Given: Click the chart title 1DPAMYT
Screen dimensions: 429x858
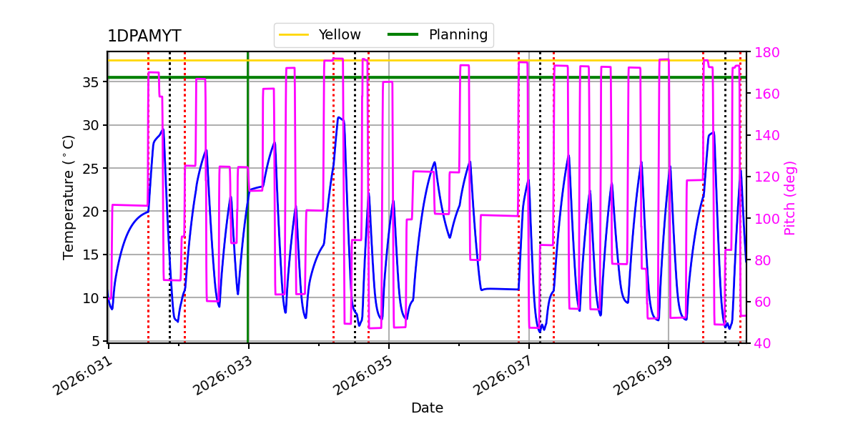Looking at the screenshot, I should (144, 36).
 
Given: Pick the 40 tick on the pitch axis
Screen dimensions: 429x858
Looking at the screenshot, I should (761, 343).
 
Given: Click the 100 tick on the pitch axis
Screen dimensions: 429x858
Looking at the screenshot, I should (764, 219).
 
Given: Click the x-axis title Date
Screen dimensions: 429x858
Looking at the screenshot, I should (427, 408).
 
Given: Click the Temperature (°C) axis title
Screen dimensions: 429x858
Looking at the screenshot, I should (69, 197).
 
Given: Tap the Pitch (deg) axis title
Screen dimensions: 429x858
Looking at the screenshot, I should (790, 197).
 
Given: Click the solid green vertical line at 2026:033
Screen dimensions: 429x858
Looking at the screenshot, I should (248, 214).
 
